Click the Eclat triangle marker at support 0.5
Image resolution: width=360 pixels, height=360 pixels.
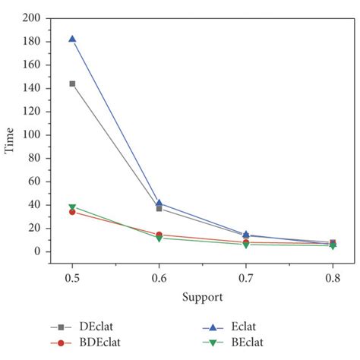(x=72, y=39)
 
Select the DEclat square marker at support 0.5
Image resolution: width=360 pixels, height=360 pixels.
(x=72, y=84)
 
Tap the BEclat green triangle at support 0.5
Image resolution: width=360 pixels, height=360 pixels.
(x=72, y=207)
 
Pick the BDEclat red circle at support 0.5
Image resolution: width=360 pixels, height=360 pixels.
(x=72, y=212)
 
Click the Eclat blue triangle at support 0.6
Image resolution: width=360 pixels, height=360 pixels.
(x=159, y=203)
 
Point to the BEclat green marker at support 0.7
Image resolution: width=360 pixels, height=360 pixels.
(x=245, y=245)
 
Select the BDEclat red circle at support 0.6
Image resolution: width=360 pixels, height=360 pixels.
(x=159, y=235)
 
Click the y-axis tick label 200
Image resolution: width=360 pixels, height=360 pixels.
(x=31, y=17)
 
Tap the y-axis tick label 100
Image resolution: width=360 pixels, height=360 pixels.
(x=31, y=134)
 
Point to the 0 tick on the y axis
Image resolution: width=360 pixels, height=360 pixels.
(x=36, y=251)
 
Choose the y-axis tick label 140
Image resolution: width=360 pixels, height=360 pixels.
(x=31, y=88)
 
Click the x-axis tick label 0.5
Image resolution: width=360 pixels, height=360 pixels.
(x=72, y=278)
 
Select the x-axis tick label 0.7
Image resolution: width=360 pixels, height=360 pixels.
(x=245, y=278)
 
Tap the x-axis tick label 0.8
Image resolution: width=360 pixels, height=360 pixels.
(x=332, y=278)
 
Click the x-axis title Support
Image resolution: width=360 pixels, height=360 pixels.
(x=201, y=296)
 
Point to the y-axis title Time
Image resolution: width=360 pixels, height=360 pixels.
(x=10, y=141)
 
